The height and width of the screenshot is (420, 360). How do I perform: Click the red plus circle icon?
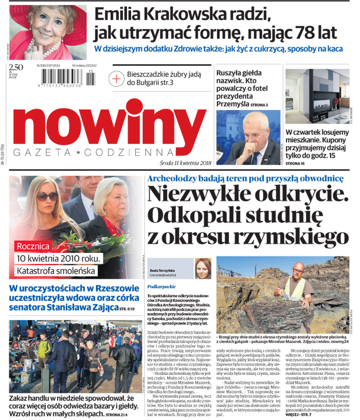click(117, 78)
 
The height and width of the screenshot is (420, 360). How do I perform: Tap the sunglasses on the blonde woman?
click(47, 197)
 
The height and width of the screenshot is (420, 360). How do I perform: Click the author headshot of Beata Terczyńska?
click(203, 268)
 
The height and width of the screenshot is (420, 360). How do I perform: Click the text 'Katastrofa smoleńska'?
click(53, 270)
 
